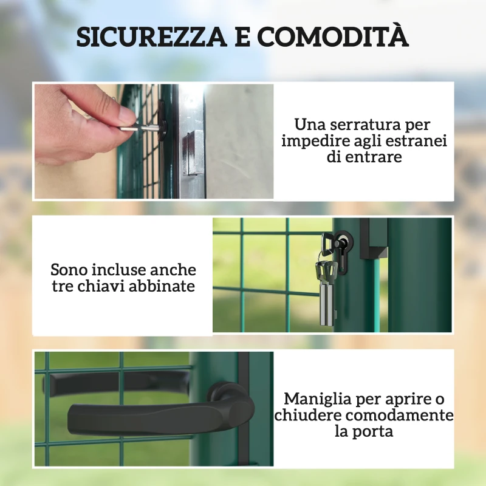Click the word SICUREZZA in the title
pos(150,38)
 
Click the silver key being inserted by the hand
pos(137,129)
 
